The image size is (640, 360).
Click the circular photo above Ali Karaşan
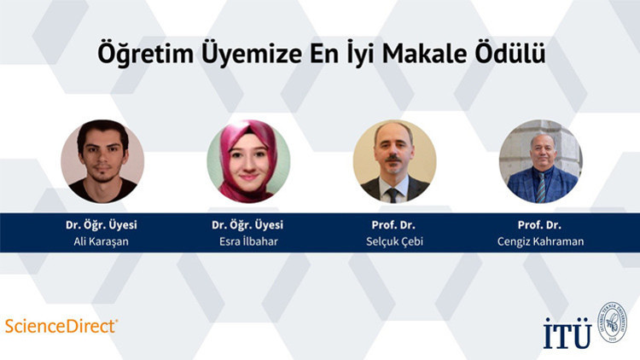tap(102, 161)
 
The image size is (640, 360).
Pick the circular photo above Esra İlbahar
tap(248, 161)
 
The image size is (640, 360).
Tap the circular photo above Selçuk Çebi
tap(394, 161)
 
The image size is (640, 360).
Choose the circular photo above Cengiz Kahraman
tap(540, 161)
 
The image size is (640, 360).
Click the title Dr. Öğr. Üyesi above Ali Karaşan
tap(102, 224)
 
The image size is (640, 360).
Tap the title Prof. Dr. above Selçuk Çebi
tap(394, 224)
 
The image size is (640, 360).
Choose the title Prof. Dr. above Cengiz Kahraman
tap(541, 224)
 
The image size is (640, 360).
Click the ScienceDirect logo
tap(61, 325)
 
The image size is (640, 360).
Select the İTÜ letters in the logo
tap(567, 332)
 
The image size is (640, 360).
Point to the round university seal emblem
tap(612, 322)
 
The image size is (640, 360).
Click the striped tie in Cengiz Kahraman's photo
tap(541, 187)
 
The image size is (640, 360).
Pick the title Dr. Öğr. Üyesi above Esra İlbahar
tap(247, 224)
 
